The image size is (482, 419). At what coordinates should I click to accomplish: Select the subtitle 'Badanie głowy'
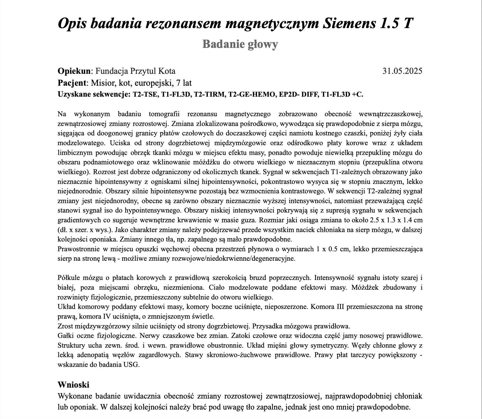coord(240,44)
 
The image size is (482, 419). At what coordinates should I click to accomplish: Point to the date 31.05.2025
coord(402,71)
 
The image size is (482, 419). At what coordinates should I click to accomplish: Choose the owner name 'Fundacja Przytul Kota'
coord(136,71)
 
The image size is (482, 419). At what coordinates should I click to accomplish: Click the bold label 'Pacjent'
coord(72,83)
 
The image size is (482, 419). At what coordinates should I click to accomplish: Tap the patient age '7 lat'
coord(184,83)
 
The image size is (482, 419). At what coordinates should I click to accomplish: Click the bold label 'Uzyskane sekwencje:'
coord(94,94)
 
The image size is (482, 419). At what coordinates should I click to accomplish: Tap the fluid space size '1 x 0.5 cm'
coord(332,249)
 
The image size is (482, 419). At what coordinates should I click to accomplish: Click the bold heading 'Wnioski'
coord(73,385)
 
